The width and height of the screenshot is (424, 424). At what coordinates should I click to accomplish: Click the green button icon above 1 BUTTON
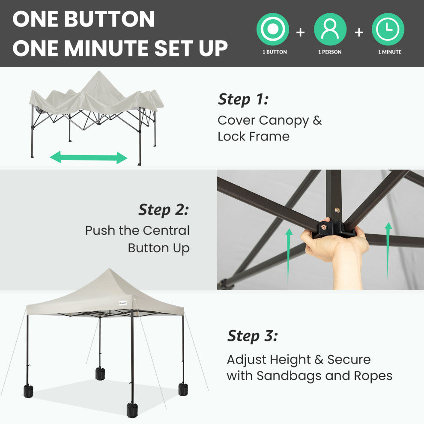272,29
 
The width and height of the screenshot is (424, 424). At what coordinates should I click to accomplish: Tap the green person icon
330,29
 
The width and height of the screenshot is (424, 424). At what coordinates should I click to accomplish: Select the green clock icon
388,29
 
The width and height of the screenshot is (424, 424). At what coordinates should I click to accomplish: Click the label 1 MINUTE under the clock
390,52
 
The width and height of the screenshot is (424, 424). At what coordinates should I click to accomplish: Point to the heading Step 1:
243,99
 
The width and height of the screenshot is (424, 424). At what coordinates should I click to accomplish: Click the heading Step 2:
164,209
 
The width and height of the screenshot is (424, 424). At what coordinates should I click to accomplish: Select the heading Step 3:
253,336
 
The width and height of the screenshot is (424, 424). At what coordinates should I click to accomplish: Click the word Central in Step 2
166,231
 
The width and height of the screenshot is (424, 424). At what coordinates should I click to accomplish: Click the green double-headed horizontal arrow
89,157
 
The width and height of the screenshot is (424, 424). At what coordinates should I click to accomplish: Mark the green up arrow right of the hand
388,250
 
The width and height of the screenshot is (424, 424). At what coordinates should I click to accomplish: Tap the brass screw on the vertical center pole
337,210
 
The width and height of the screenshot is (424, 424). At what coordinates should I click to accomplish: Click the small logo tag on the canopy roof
123,303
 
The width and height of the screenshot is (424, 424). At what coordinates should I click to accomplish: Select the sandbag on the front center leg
132,410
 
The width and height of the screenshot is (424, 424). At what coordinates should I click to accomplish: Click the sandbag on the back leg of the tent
100,373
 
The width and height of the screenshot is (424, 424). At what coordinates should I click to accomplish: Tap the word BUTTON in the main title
110,19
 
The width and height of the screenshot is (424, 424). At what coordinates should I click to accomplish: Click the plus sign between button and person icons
300,33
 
